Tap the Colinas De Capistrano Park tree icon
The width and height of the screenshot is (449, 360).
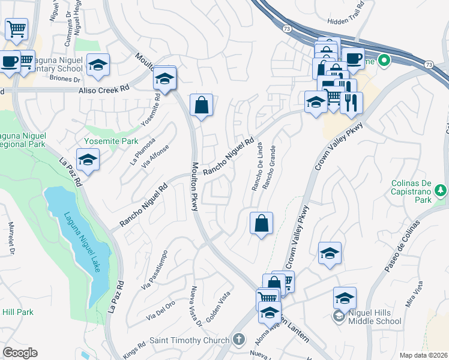point(441,190)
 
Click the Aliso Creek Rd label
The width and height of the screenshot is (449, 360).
point(104,89)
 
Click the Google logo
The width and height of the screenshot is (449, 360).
point(20,353)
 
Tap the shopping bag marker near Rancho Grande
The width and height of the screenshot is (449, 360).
point(261,224)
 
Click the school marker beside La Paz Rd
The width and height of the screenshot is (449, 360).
point(88,160)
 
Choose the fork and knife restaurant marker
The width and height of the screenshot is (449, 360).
point(351,103)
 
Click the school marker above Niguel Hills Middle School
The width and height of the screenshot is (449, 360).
point(330,254)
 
